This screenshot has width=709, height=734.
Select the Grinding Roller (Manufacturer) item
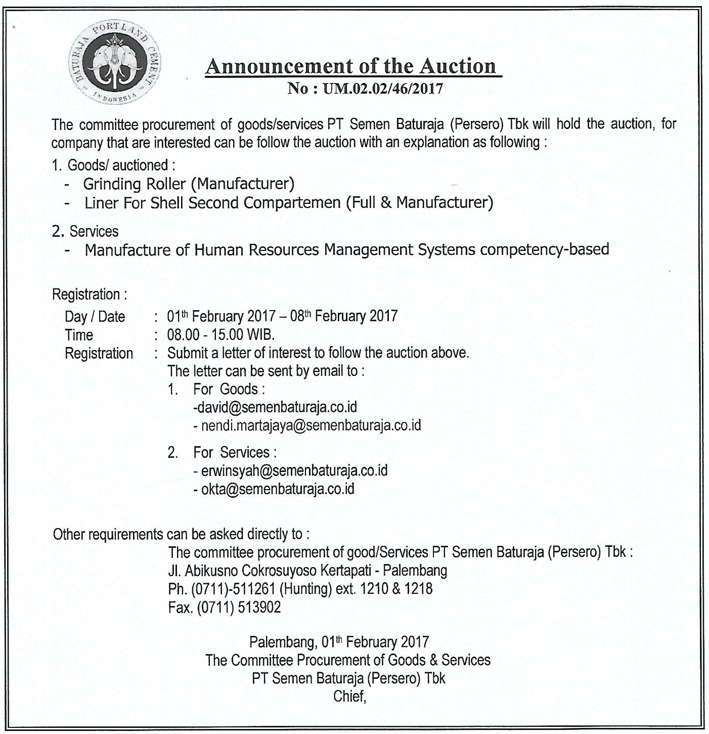(189, 184)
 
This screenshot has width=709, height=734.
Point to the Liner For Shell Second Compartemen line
(288, 203)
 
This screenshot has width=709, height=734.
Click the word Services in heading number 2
(94, 231)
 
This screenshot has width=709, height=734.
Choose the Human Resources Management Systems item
(346, 250)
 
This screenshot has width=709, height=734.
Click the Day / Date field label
(95, 317)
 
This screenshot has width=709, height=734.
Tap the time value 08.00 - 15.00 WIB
(221, 335)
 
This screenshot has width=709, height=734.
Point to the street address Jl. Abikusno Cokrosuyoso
(307, 571)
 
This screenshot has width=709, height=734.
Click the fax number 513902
(259, 607)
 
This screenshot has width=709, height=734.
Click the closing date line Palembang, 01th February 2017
(339, 642)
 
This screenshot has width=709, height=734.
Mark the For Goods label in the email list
(229, 389)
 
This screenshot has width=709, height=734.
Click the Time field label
(79, 335)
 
